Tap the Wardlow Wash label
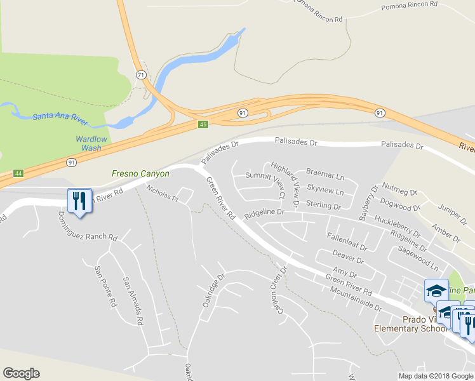pos(88,144)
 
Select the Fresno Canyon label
pos(140,173)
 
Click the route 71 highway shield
pos(140,75)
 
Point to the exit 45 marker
pos(203,124)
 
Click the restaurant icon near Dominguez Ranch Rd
pos(79,201)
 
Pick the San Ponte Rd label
pos(105,286)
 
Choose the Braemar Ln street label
pos(324,173)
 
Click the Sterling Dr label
pos(323,205)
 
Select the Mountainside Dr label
pos(355,299)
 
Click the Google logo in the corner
pos(21,373)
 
